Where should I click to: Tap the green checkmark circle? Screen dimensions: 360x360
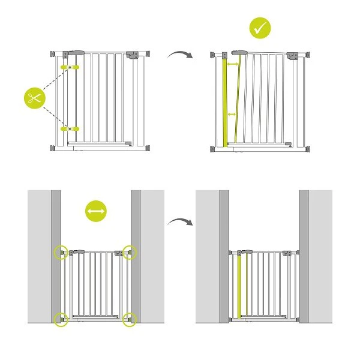pos(260,28)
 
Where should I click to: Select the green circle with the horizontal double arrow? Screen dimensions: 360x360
pos(96,212)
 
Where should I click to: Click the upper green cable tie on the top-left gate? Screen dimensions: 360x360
pos(70,66)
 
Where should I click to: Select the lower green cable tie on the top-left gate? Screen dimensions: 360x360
pos(70,128)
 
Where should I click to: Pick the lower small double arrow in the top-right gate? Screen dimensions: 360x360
pos(233,114)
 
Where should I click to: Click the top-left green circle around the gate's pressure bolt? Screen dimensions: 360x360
pos(61,251)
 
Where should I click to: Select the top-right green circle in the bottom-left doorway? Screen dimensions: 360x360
pos(130,251)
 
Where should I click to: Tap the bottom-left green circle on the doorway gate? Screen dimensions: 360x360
pos(61,319)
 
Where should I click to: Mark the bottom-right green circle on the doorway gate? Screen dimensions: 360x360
pos(130,319)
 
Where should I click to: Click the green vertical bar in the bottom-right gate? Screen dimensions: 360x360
pos(241,286)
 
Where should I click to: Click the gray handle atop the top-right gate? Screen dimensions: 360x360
pos(238,53)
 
